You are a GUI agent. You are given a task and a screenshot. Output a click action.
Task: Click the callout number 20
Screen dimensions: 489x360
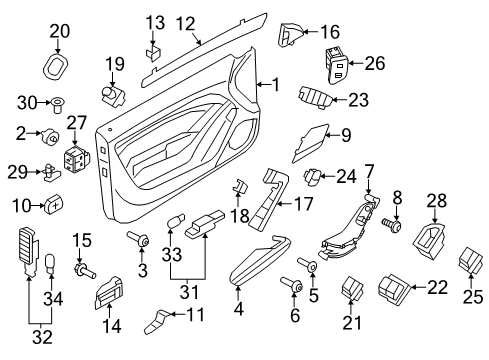point(60,31)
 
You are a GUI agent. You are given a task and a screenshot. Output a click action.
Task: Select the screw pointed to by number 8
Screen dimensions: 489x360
point(392,225)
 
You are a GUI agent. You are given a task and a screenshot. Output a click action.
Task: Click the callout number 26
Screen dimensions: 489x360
point(375,63)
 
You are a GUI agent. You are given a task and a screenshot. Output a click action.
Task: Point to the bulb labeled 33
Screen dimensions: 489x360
point(173,222)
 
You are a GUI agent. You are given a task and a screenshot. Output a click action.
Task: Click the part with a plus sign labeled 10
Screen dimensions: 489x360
point(54,203)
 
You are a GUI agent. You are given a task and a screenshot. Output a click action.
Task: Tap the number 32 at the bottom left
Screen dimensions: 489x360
point(42,337)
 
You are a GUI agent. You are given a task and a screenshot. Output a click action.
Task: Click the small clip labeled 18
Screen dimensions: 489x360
point(239,186)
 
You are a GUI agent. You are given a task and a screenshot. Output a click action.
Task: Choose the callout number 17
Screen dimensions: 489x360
point(303,204)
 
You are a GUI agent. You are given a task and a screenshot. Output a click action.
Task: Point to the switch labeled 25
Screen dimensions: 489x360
point(470,261)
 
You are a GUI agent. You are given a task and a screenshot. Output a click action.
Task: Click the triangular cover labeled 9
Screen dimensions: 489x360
point(312,142)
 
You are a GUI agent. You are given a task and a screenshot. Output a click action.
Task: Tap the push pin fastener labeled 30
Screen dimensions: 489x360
point(58,105)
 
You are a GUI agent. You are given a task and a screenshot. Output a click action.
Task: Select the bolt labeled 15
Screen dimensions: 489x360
point(84,270)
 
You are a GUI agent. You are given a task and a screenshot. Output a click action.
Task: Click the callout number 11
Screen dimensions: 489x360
point(195,314)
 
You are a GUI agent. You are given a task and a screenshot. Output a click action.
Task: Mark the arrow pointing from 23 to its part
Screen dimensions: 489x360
point(340,99)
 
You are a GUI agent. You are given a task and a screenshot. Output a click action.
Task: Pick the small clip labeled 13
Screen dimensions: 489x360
point(153,53)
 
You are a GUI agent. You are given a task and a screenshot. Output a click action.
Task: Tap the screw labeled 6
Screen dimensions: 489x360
point(292,285)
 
